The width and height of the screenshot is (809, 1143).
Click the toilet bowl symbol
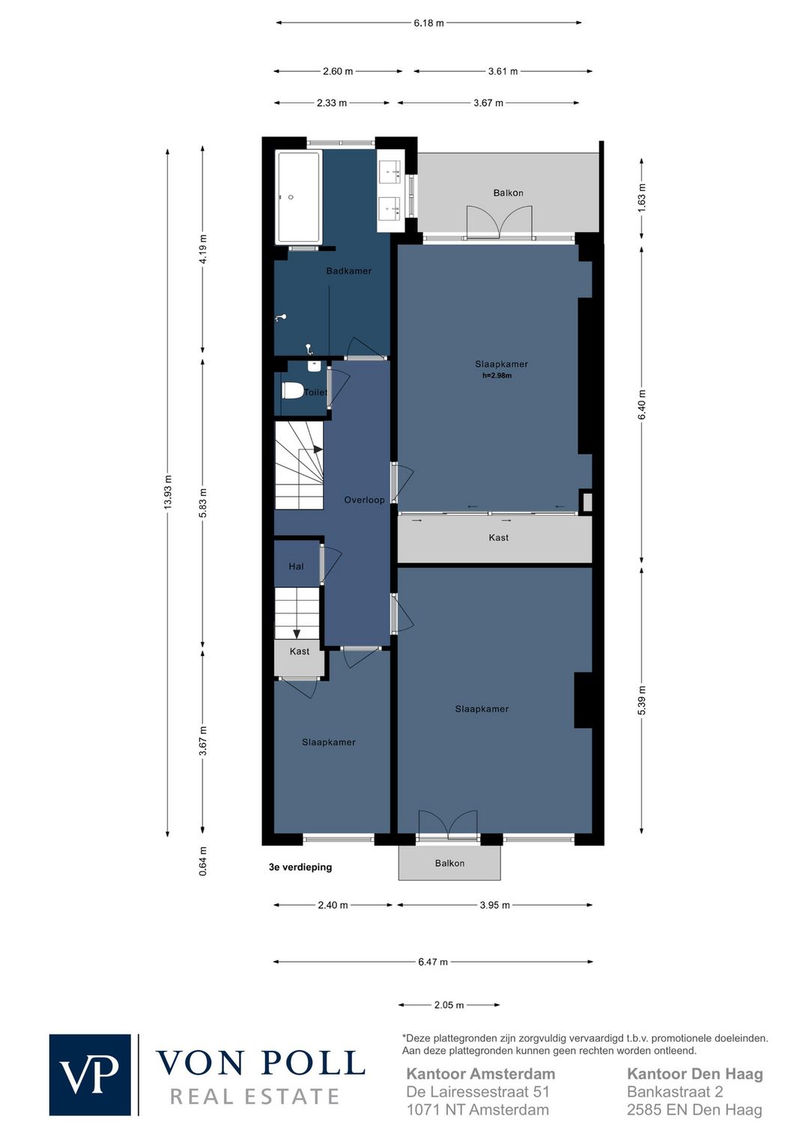coord(292,392)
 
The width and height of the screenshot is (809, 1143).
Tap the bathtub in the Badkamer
coord(299,197)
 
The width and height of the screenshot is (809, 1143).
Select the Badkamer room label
coord(348,271)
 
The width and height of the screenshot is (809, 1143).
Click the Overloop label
coord(364,500)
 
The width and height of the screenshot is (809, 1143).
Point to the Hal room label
coord(296,566)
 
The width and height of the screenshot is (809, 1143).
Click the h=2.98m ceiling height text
coord(497,375)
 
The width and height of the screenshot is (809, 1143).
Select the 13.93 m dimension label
coord(168,492)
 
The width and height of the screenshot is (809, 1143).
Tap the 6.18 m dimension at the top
coord(428,23)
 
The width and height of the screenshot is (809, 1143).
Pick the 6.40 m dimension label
coord(642,404)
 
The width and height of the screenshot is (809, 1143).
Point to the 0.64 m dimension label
coord(203,861)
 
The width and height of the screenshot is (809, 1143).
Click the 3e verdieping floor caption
coord(300,867)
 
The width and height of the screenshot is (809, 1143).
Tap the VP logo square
coord(90,1075)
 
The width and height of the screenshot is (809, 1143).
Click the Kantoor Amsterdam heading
coord(480,1074)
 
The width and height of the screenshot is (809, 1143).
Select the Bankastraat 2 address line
coord(675,1092)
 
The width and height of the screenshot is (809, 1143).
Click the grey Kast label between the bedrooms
coord(499,537)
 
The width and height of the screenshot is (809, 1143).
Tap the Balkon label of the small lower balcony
coord(449,864)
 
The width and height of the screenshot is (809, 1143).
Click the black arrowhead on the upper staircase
coord(318,449)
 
